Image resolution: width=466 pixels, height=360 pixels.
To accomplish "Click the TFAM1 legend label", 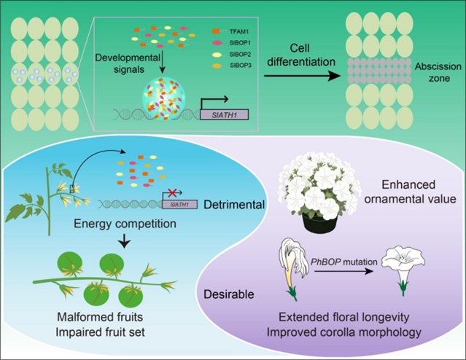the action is [238, 31].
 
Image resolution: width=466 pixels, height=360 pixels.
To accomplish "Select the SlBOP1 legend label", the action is [240, 43].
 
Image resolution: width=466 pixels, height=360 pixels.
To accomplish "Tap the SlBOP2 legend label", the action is [240, 55].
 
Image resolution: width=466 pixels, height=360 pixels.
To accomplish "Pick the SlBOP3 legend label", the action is [241, 66].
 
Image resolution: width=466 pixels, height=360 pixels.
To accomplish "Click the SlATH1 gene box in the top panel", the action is [225, 114].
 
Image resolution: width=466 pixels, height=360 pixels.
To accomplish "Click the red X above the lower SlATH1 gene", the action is [172, 192].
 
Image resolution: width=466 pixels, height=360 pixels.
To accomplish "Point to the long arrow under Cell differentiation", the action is [302, 76].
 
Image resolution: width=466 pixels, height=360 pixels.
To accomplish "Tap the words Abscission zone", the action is [438, 72].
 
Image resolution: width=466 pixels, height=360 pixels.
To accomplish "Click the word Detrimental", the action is [234, 205].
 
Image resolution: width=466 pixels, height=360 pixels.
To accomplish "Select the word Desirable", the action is [229, 294].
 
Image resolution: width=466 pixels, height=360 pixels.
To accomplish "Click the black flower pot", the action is [320, 222].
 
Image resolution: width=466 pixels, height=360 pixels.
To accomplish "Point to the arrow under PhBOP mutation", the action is [343, 271].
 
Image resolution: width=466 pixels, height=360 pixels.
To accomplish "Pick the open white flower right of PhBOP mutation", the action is [403, 271].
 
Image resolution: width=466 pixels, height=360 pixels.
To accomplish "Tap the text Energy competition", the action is [125, 224].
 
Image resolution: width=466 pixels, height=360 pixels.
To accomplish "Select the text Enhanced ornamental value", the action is [410, 192].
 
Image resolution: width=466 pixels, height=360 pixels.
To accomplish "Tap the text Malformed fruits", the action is [100, 317].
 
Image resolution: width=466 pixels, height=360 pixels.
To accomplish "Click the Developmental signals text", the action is [128, 63].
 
